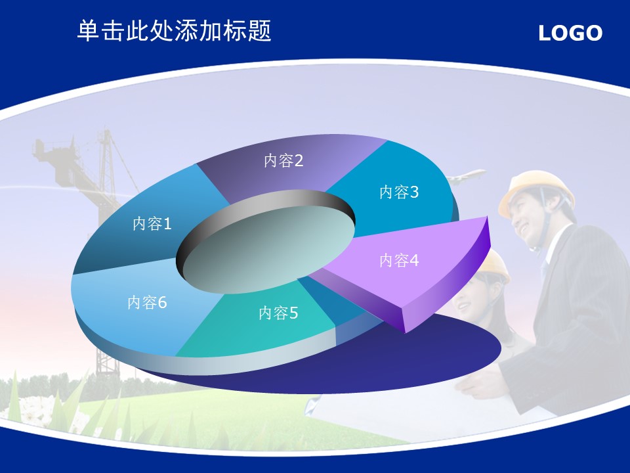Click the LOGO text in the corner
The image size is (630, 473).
(570, 33)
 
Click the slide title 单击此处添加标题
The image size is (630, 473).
(175, 31)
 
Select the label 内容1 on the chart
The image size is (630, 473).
(152, 223)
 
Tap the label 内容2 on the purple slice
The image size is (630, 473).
(283, 160)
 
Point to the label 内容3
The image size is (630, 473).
(400, 192)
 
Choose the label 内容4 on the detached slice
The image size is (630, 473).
(400, 261)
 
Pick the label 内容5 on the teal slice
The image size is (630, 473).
(278, 313)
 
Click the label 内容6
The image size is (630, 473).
(147, 302)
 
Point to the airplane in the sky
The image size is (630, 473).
(466, 176)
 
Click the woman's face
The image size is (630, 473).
(470, 298)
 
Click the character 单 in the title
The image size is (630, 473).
(89, 31)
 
